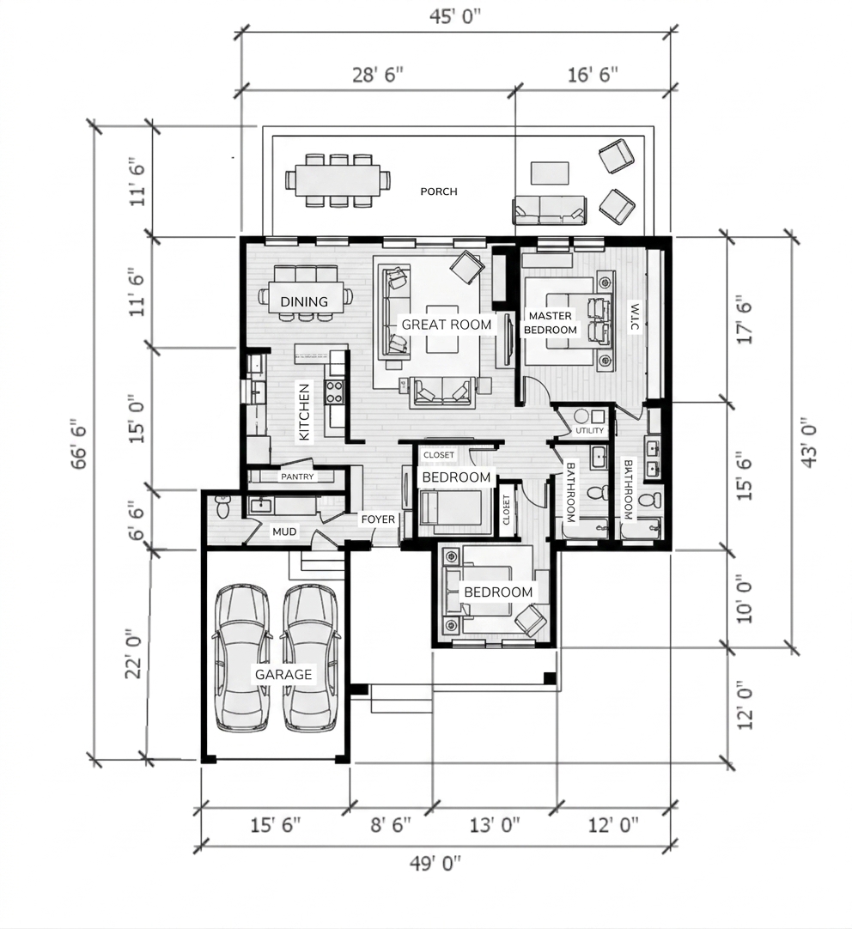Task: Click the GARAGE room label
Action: [x=283, y=674]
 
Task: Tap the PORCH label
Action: [x=438, y=191]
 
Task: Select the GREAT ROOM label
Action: [x=446, y=325]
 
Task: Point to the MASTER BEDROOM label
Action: [x=551, y=323]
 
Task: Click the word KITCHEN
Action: [x=304, y=412]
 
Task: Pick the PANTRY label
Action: [x=297, y=477]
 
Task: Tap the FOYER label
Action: [x=378, y=519]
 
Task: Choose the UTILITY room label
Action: [x=589, y=431]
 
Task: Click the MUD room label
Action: [x=284, y=531]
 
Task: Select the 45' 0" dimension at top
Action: [x=455, y=17]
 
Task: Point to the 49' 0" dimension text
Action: [x=435, y=864]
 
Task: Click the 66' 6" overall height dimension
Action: [x=79, y=447]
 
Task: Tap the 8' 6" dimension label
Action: [x=391, y=824]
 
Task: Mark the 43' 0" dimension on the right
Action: [x=808, y=445]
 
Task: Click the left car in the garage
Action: [x=243, y=658]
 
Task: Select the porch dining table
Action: [x=338, y=179]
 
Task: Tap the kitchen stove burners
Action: [x=334, y=392]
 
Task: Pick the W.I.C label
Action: [x=634, y=318]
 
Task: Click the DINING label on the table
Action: [x=304, y=301]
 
